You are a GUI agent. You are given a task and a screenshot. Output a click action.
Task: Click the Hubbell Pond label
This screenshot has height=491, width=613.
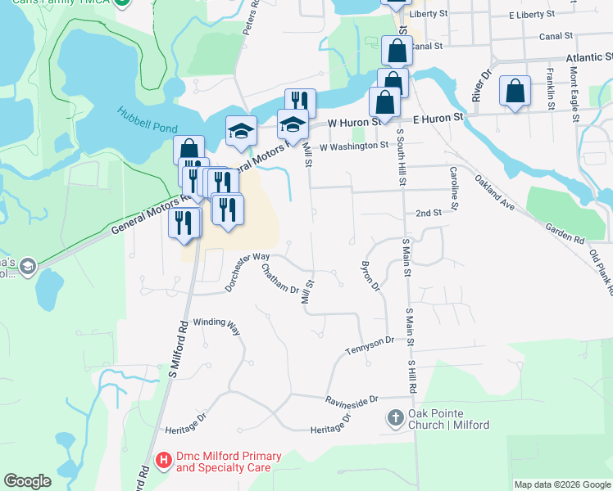tap(147, 119)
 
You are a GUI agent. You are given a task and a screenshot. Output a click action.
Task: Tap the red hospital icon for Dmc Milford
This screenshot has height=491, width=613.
tap(163, 461)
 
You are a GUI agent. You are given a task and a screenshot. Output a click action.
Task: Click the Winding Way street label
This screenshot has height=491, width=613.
tap(216, 326)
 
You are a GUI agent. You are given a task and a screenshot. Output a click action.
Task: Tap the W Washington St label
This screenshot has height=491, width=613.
tap(354, 146)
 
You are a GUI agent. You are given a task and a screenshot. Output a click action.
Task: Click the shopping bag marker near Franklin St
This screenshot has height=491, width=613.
tap(515, 93)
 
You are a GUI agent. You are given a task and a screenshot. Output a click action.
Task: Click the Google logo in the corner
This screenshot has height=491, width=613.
tap(27, 481)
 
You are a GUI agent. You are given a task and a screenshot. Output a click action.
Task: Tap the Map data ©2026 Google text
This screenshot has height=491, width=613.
tap(562, 484)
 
